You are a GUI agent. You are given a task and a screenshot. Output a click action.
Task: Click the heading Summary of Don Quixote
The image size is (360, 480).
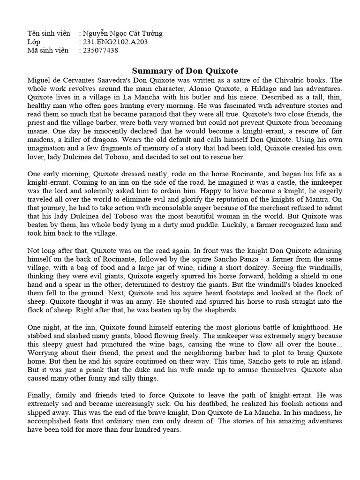coord(185,71)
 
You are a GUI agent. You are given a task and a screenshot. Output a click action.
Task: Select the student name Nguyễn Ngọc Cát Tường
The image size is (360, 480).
coord(122,33)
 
